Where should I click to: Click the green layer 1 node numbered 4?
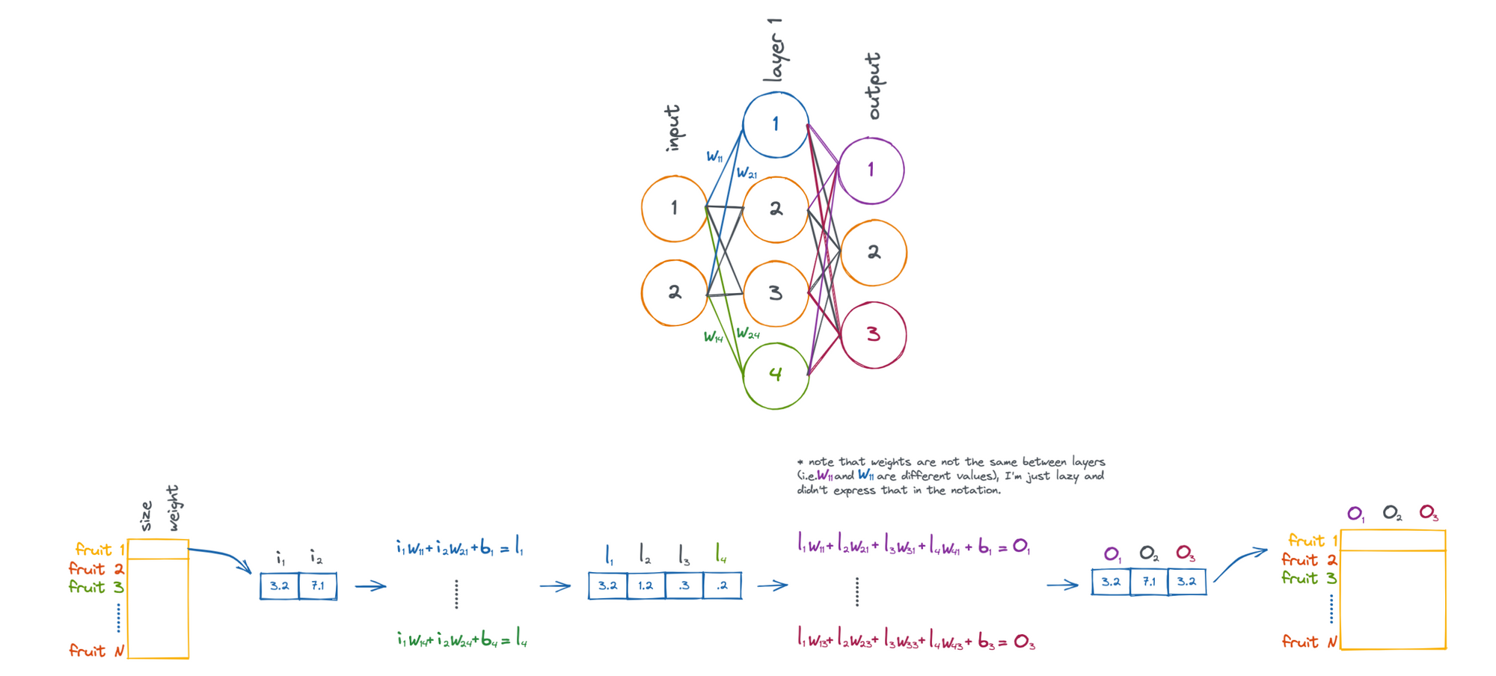pyautogui.click(x=776, y=375)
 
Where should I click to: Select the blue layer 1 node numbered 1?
pyautogui.click(x=776, y=125)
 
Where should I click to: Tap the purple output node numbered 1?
pyautogui.click(x=871, y=170)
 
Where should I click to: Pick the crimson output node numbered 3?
pyautogui.click(x=873, y=335)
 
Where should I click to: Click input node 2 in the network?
pyautogui.click(x=674, y=292)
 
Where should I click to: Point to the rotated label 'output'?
pyautogui.click(x=873, y=86)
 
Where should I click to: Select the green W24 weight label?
pyautogui.click(x=747, y=334)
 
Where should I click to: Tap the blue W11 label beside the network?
pyautogui.click(x=714, y=156)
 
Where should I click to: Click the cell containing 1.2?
pyautogui.click(x=646, y=586)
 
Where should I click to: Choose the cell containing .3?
pyautogui.click(x=684, y=586)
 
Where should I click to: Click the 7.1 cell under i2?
pyautogui.click(x=318, y=586)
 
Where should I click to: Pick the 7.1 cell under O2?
pyautogui.click(x=1149, y=582)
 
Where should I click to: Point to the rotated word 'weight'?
pyautogui.click(x=173, y=508)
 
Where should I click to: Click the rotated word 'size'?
pyautogui.click(x=146, y=516)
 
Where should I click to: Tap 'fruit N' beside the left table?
pyautogui.click(x=96, y=651)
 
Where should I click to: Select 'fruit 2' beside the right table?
pyautogui.click(x=1308, y=559)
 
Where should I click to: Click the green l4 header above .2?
pyautogui.click(x=720, y=554)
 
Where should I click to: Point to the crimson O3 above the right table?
pyautogui.click(x=1429, y=513)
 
